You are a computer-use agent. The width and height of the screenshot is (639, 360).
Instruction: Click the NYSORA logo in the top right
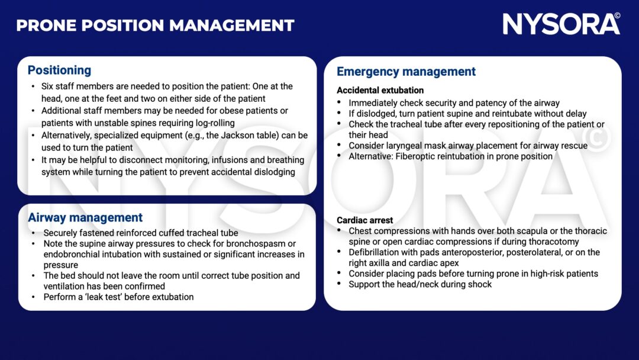point(557,24)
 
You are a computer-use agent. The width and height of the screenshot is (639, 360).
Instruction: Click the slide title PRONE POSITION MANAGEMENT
point(155,25)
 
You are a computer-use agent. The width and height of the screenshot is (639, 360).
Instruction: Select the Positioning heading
point(59,70)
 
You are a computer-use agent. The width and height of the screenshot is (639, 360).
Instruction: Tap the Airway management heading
point(85,218)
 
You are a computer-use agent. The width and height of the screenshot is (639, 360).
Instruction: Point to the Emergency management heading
point(406,72)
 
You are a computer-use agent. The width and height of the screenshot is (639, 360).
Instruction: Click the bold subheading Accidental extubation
point(380,91)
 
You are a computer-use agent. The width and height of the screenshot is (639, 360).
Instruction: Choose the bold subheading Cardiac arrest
point(364,220)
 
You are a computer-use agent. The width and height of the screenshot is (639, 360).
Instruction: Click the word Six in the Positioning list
point(50,86)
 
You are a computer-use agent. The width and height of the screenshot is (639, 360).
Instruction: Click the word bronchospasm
point(262,244)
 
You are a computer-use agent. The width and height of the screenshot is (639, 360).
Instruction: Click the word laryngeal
point(405,146)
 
